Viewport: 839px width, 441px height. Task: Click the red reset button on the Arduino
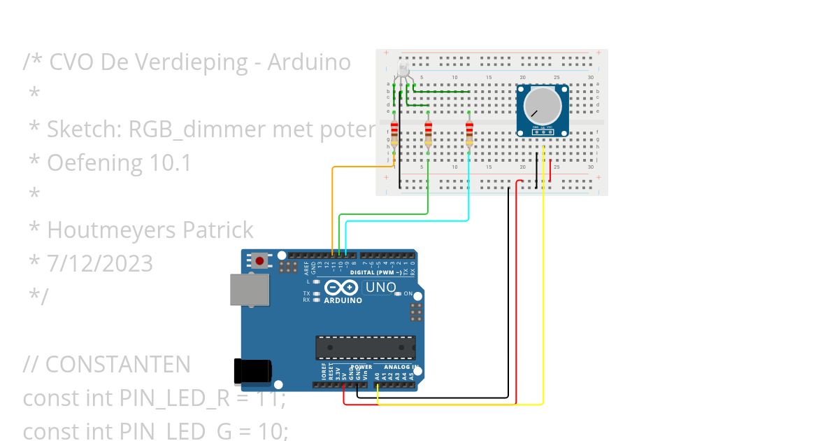[260, 261]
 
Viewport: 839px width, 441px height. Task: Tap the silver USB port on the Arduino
[250, 289]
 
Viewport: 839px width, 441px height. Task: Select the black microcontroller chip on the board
[364, 348]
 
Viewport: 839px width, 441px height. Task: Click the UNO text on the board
[381, 287]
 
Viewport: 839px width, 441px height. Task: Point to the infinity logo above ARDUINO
[343, 288]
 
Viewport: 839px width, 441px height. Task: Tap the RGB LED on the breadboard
[403, 70]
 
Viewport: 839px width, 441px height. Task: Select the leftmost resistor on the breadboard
[394, 132]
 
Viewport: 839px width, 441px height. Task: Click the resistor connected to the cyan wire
[469, 132]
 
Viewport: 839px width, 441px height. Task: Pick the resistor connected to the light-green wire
[428, 132]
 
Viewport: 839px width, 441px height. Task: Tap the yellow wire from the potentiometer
[543, 280]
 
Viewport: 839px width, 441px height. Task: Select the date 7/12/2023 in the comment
[100, 263]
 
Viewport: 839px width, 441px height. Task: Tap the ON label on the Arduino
[408, 294]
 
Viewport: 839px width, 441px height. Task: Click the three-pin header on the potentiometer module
[542, 129]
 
